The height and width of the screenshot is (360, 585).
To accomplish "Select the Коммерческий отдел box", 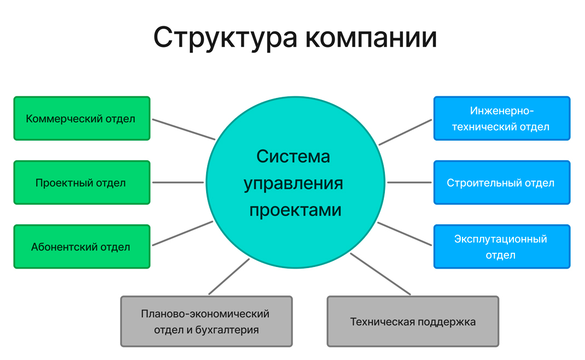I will click(81, 118).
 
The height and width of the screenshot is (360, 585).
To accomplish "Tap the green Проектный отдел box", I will click(81, 183).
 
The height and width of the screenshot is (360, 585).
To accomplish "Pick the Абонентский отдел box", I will click(81, 247).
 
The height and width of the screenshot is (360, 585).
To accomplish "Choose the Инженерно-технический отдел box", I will click(501, 118).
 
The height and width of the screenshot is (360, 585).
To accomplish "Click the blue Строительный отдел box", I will click(501, 183).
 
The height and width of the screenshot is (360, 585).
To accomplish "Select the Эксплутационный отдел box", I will click(501, 247).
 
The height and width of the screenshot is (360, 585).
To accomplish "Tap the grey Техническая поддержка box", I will click(413, 322).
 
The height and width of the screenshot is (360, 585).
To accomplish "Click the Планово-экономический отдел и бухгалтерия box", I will click(206, 322).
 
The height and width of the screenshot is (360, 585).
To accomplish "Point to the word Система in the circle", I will click(293, 156).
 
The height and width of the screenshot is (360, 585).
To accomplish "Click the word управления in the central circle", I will click(293, 183).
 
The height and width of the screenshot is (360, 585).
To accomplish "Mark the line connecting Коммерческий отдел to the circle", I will click(183, 129).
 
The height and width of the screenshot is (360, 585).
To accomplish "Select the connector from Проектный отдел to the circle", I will click(178, 183).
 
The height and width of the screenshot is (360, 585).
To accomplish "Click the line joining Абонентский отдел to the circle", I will click(183, 234).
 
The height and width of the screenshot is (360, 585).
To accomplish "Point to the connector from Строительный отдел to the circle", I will click(409, 183).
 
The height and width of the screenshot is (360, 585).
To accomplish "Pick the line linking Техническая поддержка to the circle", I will click(380, 274).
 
